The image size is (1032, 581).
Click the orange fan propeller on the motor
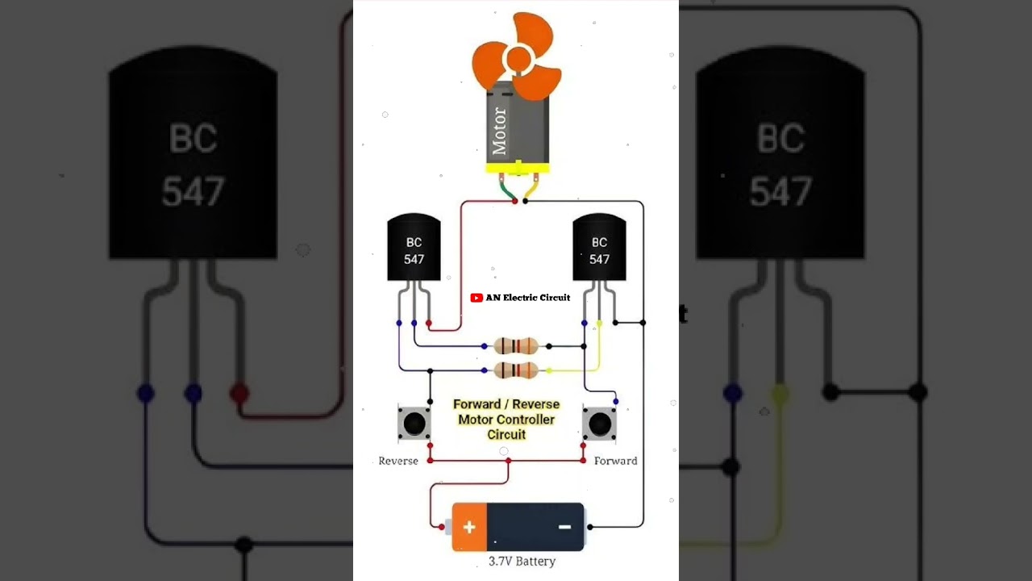coord(516,56)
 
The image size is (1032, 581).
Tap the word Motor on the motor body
coord(499,131)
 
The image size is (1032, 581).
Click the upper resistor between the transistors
coord(516,346)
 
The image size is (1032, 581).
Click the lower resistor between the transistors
coord(516,370)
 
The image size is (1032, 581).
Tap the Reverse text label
coord(398,461)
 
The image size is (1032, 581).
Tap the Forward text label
coord(615,461)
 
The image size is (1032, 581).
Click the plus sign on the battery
coord(468,528)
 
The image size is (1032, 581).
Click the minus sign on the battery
coord(564,527)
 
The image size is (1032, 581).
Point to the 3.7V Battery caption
coord(522,561)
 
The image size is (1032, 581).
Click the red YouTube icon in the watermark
coord(476,298)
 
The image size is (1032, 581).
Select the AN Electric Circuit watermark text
coord(528,298)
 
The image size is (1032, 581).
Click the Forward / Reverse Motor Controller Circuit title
coord(506,419)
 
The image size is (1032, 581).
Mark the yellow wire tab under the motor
coord(531,190)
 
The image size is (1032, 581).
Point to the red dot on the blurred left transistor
coord(239,393)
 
